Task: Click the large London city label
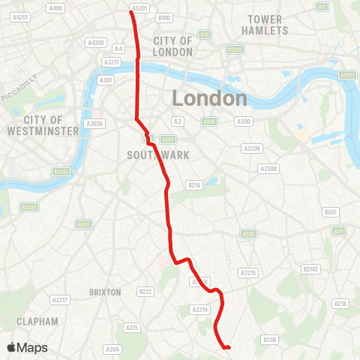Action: pyautogui.click(x=209, y=98)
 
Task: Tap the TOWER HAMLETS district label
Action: pyautogui.click(x=265, y=25)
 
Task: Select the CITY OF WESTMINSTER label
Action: pyautogui.click(x=42, y=125)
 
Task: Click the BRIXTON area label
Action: pyautogui.click(x=105, y=292)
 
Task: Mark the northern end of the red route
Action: pyautogui.click(x=132, y=12)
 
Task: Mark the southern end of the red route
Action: pyautogui.click(x=227, y=347)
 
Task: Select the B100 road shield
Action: pyautogui.click(x=165, y=17)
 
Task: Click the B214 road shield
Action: pyautogui.click(x=194, y=184)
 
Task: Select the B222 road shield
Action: pyautogui.click(x=145, y=291)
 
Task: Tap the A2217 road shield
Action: pyautogui.click(x=59, y=300)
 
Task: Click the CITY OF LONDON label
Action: pyautogui.click(x=172, y=46)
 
